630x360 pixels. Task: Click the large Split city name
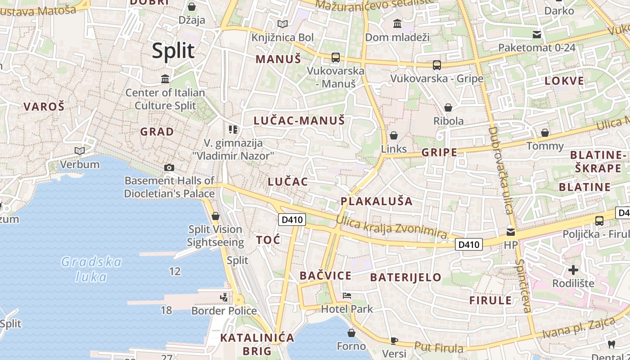pyautogui.click(x=173, y=51)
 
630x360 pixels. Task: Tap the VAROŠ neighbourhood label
pyautogui.click(x=44, y=107)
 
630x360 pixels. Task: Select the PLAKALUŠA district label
pyautogui.click(x=376, y=201)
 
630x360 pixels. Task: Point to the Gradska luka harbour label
pyautogui.click(x=91, y=269)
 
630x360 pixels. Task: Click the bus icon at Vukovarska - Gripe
pyautogui.click(x=436, y=65)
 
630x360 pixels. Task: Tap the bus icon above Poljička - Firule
pyautogui.click(x=599, y=220)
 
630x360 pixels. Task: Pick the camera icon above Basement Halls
pyautogui.click(x=169, y=167)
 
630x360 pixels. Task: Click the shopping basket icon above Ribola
pyautogui.click(x=448, y=108)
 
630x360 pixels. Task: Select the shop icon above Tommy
pyautogui.click(x=545, y=133)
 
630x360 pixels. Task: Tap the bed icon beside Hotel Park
pyautogui.click(x=346, y=296)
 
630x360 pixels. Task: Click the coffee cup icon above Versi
pyautogui.click(x=394, y=341)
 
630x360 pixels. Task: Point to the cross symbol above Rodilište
pyautogui.click(x=573, y=270)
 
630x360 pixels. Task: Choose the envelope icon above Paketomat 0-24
pyautogui.click(x=536, y=34)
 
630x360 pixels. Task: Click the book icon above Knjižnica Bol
pyautogui.click(x=282, y=24)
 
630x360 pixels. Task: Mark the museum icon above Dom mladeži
pyautogui.click(x=397, y=23)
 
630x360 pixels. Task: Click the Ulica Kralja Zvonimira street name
pyautogui.click(x=391, y=228)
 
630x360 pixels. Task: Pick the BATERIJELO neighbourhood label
pyautogui.click(x=405, y=277)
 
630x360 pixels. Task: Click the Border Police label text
pyautogui.click(x=224, y=310)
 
